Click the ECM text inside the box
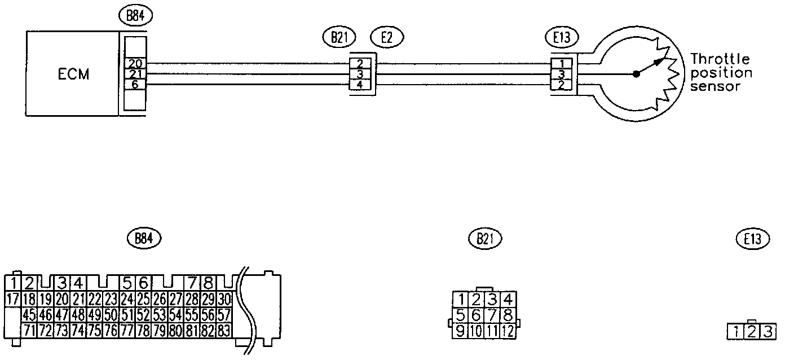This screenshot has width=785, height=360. coord(73,74)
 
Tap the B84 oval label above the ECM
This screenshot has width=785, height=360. coord(135,16)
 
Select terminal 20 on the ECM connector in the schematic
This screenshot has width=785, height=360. coord(135,63)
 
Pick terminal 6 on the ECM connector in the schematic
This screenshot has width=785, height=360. coord(135,85)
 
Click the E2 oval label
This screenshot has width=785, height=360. coord(387,37)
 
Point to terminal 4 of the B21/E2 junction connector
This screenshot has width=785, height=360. coord(360,85)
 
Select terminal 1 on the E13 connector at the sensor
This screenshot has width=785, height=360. coord(562,64)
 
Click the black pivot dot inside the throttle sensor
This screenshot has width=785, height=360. coord(637,74)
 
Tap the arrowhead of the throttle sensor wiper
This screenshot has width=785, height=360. coord(659,62)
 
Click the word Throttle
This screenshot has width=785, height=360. coord(720,59)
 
